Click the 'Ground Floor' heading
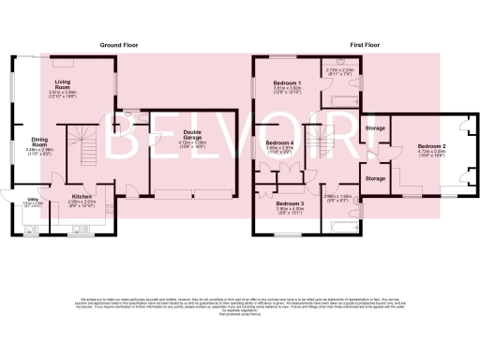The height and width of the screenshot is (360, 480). pos(120,44)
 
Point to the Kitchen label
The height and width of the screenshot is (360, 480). pos(84,196)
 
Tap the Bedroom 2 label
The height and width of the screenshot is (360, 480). pos(431,146)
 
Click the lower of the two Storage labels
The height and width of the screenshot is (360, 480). pos(376,178)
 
